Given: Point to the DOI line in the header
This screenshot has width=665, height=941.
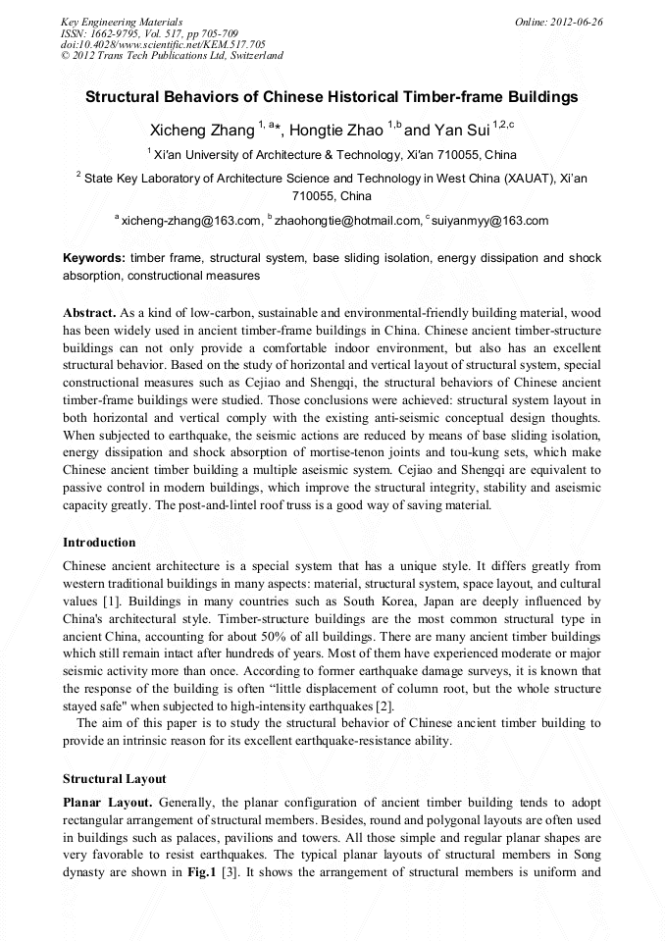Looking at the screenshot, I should [x=163, y=44].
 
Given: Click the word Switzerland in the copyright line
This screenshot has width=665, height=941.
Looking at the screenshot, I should [x=256, y=56].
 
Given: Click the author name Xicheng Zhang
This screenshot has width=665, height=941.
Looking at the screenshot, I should [x=201, y=130].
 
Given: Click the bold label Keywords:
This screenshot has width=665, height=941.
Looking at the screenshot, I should [x=94, y=258].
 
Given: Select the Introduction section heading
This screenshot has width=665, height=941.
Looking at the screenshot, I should [x=99, y=542].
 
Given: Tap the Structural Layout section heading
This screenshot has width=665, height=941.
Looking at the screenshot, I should [x=115, y=778].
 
